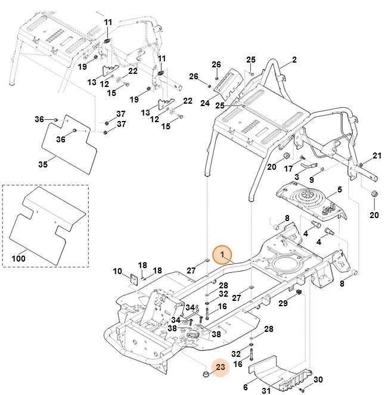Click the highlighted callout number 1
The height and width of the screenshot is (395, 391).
pos(222,255)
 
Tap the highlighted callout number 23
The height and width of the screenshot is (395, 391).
pos(220,368)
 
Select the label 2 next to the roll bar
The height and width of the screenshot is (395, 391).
pos(294,61)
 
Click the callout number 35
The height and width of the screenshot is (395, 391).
pos(42,164)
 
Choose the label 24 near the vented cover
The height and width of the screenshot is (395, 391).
pos(204,102)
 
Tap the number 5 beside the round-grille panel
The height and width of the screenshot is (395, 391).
pos(340,190)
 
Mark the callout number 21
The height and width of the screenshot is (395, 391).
pos(376,156)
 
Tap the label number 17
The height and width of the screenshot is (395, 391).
pos(288,169)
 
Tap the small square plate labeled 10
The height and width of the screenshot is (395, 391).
pos(135,276)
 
